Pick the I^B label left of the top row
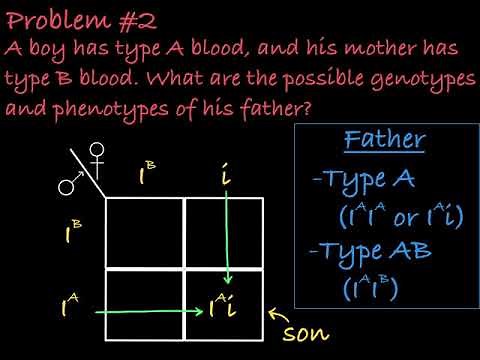(70, 234)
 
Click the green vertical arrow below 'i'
(229, 240)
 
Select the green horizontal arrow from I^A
(140, 312)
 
